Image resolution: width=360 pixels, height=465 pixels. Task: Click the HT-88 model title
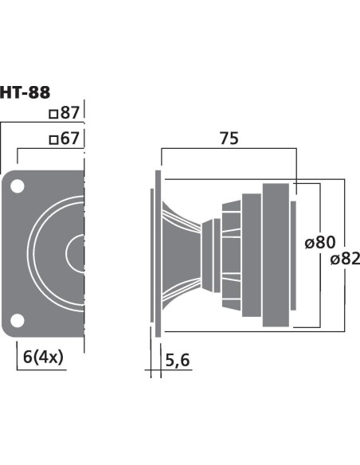tap(25, 92)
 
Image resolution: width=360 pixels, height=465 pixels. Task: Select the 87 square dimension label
tap(65, 113)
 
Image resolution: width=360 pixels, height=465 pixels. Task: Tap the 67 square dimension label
tap(65, 139)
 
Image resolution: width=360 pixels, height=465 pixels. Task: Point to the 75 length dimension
tap(229, 139)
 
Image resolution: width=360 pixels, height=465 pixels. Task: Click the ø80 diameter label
tap(320, 242)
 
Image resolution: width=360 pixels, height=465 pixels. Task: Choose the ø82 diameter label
tap(345, 259)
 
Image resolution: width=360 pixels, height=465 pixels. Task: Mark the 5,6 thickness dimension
tap(178, 361)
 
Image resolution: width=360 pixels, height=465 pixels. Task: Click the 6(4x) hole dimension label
tap(43, 357)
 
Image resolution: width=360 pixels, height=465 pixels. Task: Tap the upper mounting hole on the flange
tap(18, 186)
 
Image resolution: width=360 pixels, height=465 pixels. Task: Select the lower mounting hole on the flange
tap(18, 321)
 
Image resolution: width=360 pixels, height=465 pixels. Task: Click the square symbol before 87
tap(53, 114)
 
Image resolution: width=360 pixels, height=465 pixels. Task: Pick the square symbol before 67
tap(53, 139)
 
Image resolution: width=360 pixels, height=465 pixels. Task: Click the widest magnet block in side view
tap(276, 255)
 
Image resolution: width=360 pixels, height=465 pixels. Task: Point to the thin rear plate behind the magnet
tap(293, 256)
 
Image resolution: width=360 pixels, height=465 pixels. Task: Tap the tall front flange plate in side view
tap(158, 253)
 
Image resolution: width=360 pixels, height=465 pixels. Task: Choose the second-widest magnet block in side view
tap(252, 255)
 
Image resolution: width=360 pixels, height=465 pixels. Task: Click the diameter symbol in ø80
tap(309, 243)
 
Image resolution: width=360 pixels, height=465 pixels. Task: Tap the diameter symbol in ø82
tap(335, 260)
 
